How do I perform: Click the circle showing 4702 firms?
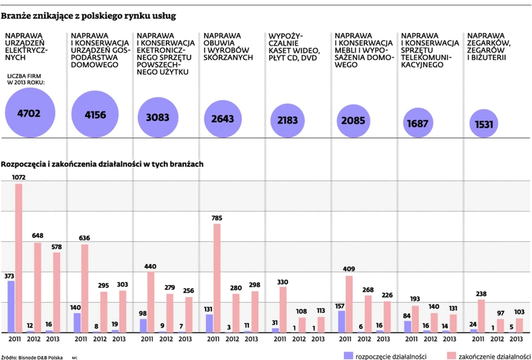coord(29,113)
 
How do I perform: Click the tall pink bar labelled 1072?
coord(19,258)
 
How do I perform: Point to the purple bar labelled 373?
coord(11,306)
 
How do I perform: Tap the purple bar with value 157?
coord(342,321)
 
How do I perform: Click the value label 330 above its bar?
coord(282,282)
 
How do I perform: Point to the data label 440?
coord(150,266)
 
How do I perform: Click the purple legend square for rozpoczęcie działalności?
coord(348,355)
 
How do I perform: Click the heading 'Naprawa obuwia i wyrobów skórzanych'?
coord(229,46)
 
